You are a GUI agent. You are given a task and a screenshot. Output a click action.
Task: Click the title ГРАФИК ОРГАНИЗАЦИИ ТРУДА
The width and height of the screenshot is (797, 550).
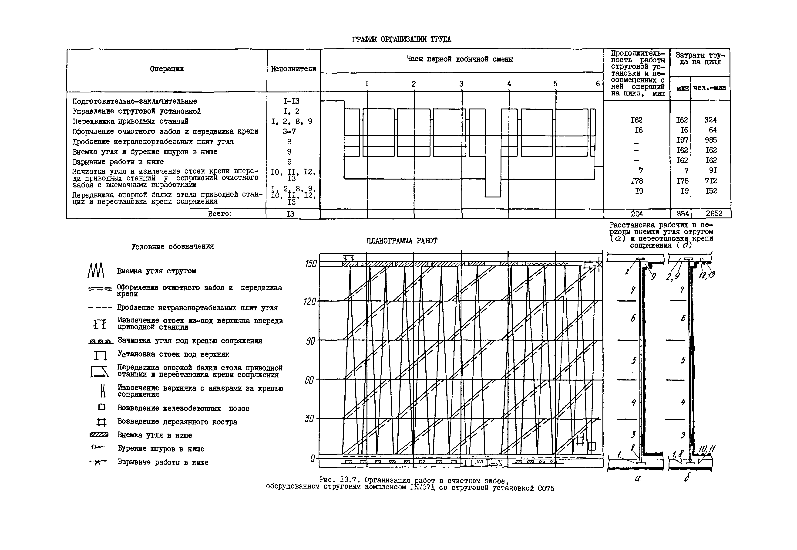coord(401,39)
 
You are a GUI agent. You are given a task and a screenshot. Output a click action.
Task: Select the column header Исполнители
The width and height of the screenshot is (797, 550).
coord(293,69)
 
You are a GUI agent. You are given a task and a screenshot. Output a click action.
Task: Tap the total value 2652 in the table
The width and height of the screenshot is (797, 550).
coord(714,214)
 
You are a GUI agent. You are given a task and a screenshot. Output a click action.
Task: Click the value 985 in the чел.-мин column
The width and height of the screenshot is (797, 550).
coord(710,140)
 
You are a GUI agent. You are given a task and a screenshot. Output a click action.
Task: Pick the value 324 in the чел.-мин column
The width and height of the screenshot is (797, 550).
coord(710,120)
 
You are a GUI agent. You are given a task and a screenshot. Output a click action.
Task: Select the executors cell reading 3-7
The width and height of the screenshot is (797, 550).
coord(289,131)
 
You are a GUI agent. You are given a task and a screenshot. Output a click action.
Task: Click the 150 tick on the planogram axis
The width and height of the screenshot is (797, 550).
coord(310,264)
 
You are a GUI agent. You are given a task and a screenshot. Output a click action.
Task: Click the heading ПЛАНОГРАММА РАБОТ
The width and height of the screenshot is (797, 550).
coord(402,241)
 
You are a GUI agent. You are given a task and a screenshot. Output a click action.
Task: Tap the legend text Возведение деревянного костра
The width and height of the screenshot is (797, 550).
coord(177,422)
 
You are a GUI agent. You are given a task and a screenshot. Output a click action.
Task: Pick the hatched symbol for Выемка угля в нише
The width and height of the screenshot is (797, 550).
coord(99,435)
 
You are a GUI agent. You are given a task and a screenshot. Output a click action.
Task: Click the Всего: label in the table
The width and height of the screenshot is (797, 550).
coord(220,214)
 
